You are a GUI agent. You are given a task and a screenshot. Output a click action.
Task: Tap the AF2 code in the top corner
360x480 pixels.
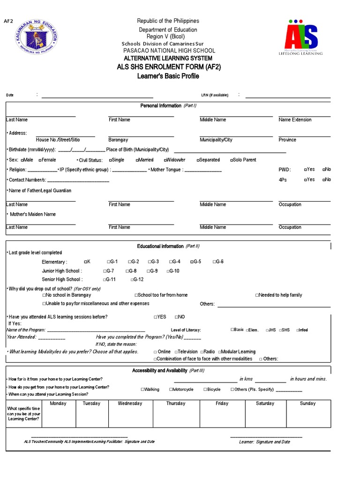point(8,21)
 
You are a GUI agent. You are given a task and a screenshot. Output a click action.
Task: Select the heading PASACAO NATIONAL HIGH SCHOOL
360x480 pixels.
point(169,51)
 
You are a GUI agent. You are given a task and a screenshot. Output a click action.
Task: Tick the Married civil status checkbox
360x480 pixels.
point(138,160)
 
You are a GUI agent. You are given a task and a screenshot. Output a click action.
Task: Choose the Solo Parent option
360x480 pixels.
point(232,160)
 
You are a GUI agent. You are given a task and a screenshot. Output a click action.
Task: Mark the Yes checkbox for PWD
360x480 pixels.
point(306,169)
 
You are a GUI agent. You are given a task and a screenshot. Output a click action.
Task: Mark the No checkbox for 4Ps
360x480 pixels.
point(324,180)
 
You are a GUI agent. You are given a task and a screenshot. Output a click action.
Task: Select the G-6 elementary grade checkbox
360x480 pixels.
point(214,262)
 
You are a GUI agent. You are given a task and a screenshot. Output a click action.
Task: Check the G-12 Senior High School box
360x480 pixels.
point(131,279)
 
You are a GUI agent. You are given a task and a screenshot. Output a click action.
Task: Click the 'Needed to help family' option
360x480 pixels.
point(257,295)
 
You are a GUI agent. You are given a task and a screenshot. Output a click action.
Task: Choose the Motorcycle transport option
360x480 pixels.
point(171,389)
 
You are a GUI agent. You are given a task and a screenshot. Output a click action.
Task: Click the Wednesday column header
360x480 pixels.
point(130,404)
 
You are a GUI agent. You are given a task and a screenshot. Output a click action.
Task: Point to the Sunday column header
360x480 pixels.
point(307,404)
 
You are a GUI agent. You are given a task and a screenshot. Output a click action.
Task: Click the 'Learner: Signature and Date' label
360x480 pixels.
point(264,442)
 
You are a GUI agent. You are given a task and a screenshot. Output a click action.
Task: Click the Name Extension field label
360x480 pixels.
point(294,120)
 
